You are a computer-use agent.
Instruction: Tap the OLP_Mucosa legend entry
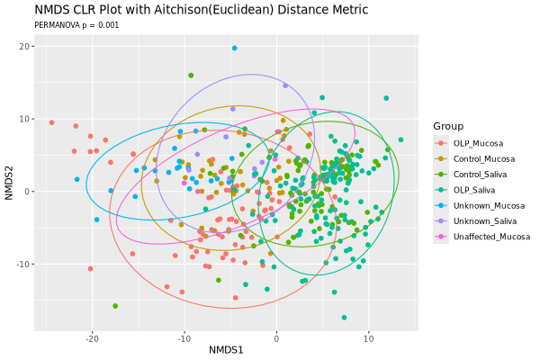pyautogui.click(x=478, y=143)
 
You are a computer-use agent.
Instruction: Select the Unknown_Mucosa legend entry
pyautogui.click(x=487, y=206)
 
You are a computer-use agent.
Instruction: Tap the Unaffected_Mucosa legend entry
pyautogui.click(x=490, y=238)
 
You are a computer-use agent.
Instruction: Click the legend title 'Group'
pyautogui.click(x=447, y=125)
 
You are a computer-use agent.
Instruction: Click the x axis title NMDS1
pyautogui.click(x=226, y=349)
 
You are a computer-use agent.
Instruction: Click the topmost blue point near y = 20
pyautogui.click(x=234, y=48)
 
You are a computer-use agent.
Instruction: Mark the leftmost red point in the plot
pyautogui.click(x=51, y=122)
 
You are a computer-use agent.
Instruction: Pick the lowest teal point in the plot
pyautogui.click(x=344, y=317)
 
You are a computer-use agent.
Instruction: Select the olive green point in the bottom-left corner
pyautogui.click(x=115, y=306)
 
